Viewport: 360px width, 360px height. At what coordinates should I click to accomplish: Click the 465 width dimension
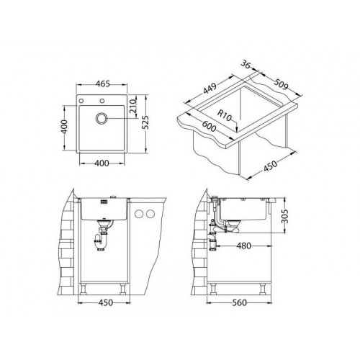103,84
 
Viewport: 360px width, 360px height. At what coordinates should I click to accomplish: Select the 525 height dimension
145,122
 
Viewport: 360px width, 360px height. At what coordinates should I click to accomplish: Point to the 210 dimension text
132,106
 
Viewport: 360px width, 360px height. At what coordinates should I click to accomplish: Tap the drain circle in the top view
102,118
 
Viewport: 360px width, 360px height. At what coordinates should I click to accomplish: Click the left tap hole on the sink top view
81,101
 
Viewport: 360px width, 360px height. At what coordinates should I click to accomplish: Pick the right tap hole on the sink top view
102,101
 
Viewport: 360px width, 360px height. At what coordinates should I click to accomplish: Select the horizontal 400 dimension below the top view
102,163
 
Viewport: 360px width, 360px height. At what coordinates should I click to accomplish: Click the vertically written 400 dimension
64,127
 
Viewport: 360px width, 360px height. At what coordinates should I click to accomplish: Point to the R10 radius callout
225,115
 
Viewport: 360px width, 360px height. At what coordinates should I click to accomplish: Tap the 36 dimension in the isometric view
246,64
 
